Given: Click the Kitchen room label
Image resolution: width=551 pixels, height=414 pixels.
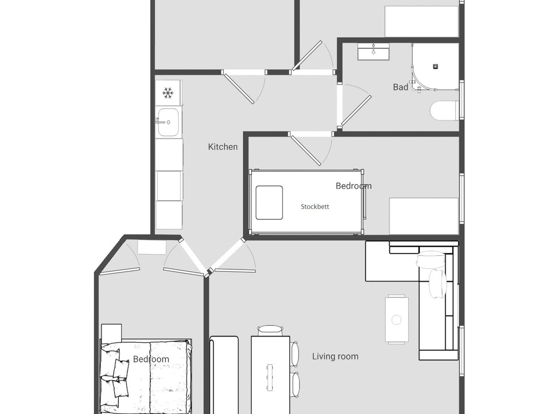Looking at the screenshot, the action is tap(223, 147).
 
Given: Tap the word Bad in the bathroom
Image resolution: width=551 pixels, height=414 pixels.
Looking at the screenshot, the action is tap(401, 87).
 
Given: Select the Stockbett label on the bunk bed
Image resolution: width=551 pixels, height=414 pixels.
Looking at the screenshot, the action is tap(315, 206).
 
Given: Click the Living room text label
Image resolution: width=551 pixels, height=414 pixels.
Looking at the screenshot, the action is tap(335, 356).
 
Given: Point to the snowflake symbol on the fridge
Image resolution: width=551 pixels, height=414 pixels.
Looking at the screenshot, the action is tap(168, 93).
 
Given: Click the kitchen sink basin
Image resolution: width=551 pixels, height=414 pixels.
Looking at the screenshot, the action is tap(168, 122).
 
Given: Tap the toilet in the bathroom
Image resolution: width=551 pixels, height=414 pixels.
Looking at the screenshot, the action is tap(444, 111).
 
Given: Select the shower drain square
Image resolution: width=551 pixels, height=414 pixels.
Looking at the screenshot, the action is tap(435, 66).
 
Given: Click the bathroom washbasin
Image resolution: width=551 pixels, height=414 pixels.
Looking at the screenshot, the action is tap(373, 52).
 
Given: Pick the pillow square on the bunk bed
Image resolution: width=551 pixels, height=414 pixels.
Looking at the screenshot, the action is tap(269, 202).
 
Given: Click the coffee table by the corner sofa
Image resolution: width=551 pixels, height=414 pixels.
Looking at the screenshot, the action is tap(397, 320).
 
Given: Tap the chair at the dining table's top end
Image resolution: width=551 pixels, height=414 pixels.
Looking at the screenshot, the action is tap(270, 331).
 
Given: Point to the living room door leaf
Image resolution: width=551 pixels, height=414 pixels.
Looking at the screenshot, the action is tap(235, 271).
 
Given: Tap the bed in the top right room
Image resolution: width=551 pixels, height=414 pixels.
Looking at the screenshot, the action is tap(422, 22).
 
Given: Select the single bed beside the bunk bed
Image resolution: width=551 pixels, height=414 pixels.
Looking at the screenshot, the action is tap(424, 216).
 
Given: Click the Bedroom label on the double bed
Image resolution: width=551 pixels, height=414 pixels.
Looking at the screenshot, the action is tap(151, 359).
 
